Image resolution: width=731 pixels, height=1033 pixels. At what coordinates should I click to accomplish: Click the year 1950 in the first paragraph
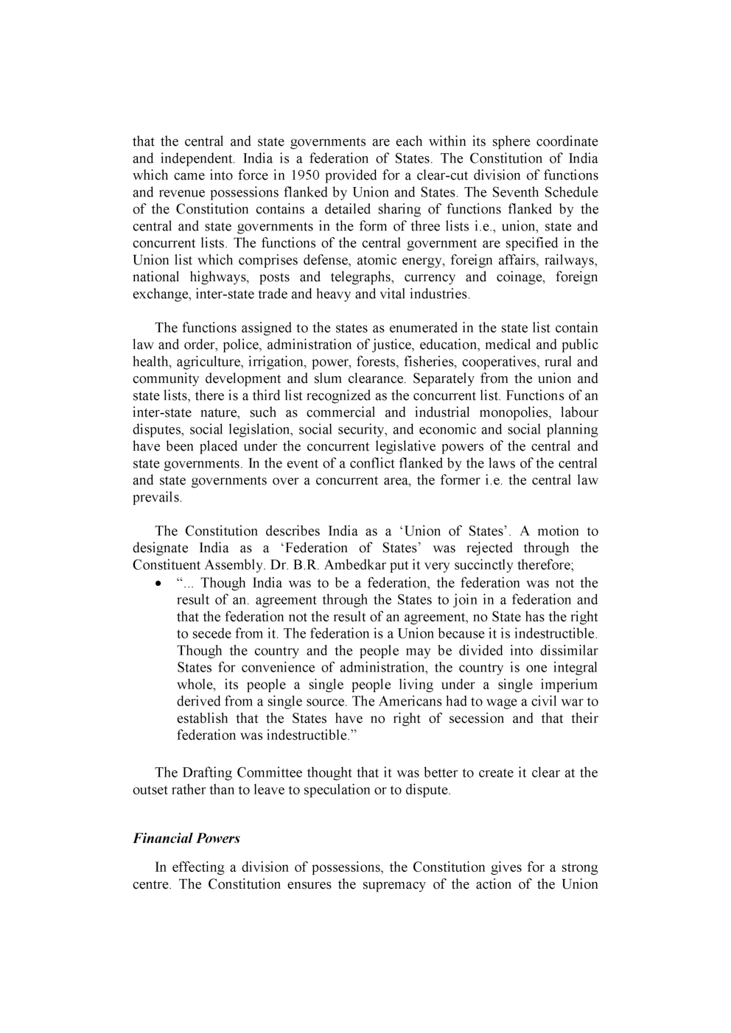pyautogui.click(x=304, y=175)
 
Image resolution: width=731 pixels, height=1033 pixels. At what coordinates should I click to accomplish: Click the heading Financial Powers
pyautogui.click(x=186, y=838)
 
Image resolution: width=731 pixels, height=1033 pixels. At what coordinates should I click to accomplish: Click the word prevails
pyautogui.click(x=156, y=498)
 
